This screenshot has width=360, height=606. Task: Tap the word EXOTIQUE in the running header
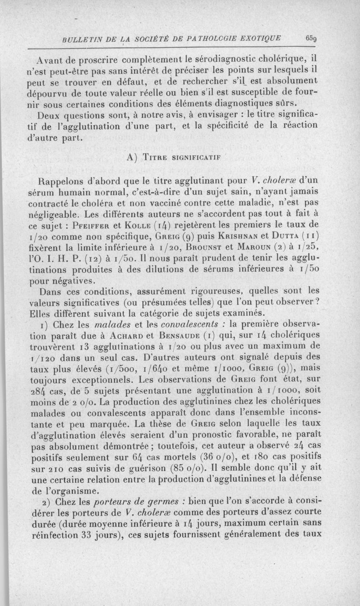259,38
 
